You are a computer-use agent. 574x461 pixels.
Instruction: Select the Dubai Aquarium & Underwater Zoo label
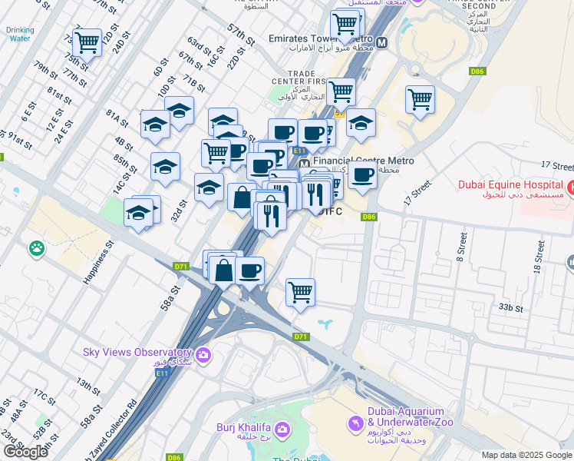410,416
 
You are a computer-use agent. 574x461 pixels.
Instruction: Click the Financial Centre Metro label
363,161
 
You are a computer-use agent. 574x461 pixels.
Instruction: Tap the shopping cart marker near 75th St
87,42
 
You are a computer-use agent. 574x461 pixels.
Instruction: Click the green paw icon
35,248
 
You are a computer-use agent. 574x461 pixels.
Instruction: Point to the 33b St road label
510,307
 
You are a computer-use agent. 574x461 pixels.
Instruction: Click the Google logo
25,452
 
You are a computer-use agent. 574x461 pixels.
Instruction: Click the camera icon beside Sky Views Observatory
203,353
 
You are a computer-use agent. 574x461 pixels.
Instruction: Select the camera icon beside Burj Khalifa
282,428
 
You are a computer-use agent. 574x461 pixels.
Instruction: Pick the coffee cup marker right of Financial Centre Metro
362,175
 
